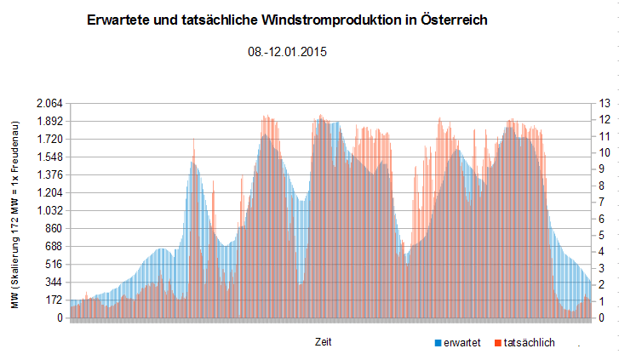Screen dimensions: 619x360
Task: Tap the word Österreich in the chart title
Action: pos(454,20)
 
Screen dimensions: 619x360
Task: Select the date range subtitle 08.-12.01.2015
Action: pos(288,52)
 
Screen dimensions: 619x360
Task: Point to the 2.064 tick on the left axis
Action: pos(49,104)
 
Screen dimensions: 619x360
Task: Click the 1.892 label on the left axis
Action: pos(49,121)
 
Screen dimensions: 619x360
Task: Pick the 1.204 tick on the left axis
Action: pos(49,192)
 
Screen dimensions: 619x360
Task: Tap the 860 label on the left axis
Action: pos(54,228)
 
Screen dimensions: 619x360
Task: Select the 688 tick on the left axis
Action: pos(54,246)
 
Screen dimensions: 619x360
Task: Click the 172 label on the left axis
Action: pos(54,300)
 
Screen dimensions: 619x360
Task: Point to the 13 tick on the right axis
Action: pos(605,104)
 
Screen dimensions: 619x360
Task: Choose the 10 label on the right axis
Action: pos(605,152)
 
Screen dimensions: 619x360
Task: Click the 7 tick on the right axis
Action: pos(602,202)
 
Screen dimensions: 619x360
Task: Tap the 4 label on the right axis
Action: pos(602,251)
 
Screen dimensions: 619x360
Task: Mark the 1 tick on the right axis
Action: pos(602,301)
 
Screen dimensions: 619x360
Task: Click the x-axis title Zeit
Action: pos(323,342)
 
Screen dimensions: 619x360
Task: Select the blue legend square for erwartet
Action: pos(438,343)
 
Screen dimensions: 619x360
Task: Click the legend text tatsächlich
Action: pos(529,343)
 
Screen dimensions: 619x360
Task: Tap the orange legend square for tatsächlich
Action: pos(498,343)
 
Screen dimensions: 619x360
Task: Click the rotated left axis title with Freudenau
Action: pos(15,214)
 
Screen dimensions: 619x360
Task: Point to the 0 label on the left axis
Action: pos(60,317)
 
